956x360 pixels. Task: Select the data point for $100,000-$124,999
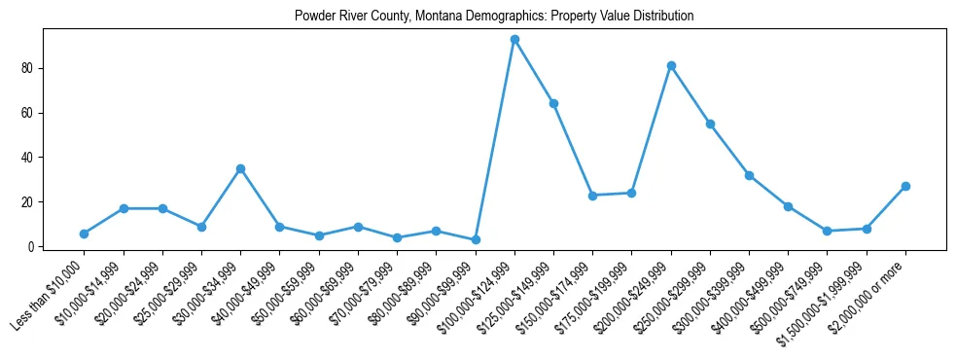pyautogui.click(x=514, y=40)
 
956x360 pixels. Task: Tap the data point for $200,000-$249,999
pyautogui.click(x=671, y=66)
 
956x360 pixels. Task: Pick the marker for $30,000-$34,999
pyautogui.click(x=240, y=169)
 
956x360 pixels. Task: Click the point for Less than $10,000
pyautogui.click(x=84, y=234)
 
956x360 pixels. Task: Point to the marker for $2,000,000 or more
pyautogui.click(x=905, y=187)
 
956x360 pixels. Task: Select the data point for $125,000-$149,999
pyautogui.click(x=553, y=104)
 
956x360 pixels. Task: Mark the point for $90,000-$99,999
pyautogui.click(x=476, y=240)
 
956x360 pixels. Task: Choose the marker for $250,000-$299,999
pyautogui.click(x=710, y=125)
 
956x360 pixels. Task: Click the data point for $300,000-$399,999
pyautogui.click(x=749, y=175)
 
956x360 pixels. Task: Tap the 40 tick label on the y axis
pyautogui.click(x=29, y=158)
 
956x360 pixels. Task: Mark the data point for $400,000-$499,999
pyautogui.click(x=788, y=206)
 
